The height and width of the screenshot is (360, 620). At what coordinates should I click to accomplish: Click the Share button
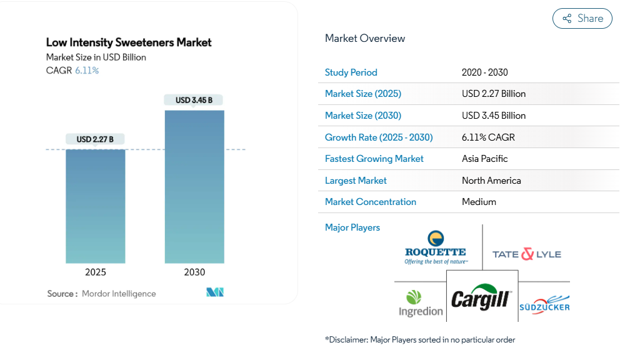[x=582, y=19]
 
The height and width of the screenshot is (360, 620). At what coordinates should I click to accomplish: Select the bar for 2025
[x=96, y=206]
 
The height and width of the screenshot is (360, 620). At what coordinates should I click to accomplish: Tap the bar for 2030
[x=194, y=187]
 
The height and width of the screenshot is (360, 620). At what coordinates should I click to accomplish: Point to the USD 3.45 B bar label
[x=194, y=100]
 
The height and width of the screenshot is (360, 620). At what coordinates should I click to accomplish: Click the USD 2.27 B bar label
[x=95, y=139]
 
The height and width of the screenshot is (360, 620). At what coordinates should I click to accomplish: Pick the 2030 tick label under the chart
[x=194, y=272]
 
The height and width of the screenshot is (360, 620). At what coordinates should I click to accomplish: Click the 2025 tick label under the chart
[x=96, y=272]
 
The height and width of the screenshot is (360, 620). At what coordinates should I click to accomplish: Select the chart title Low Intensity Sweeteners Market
[x=129, y=42]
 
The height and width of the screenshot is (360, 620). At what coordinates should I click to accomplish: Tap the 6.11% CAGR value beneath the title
[x=87, y=71]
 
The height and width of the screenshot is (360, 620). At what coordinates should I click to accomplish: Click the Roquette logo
[x=436, y=247]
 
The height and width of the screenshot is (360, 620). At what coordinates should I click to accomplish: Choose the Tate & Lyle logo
[x=526, y=254]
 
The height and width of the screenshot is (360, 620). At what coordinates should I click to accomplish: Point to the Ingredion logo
[x=421, y=303]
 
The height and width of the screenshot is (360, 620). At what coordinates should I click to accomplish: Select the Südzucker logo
[x=544, y=302]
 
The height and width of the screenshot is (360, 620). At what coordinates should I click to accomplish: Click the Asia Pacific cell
[x=484, y=159]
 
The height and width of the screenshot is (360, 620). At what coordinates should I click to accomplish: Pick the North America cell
[x=491, y=181]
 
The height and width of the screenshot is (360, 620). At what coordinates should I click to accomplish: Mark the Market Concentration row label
[x=371, y=202]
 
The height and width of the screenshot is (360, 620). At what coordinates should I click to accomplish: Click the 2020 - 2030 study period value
[x=484, y=72]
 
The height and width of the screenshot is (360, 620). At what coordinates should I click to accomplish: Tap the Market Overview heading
[x=365, y=38]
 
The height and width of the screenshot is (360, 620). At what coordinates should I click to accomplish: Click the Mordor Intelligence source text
[x=119, y=294]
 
